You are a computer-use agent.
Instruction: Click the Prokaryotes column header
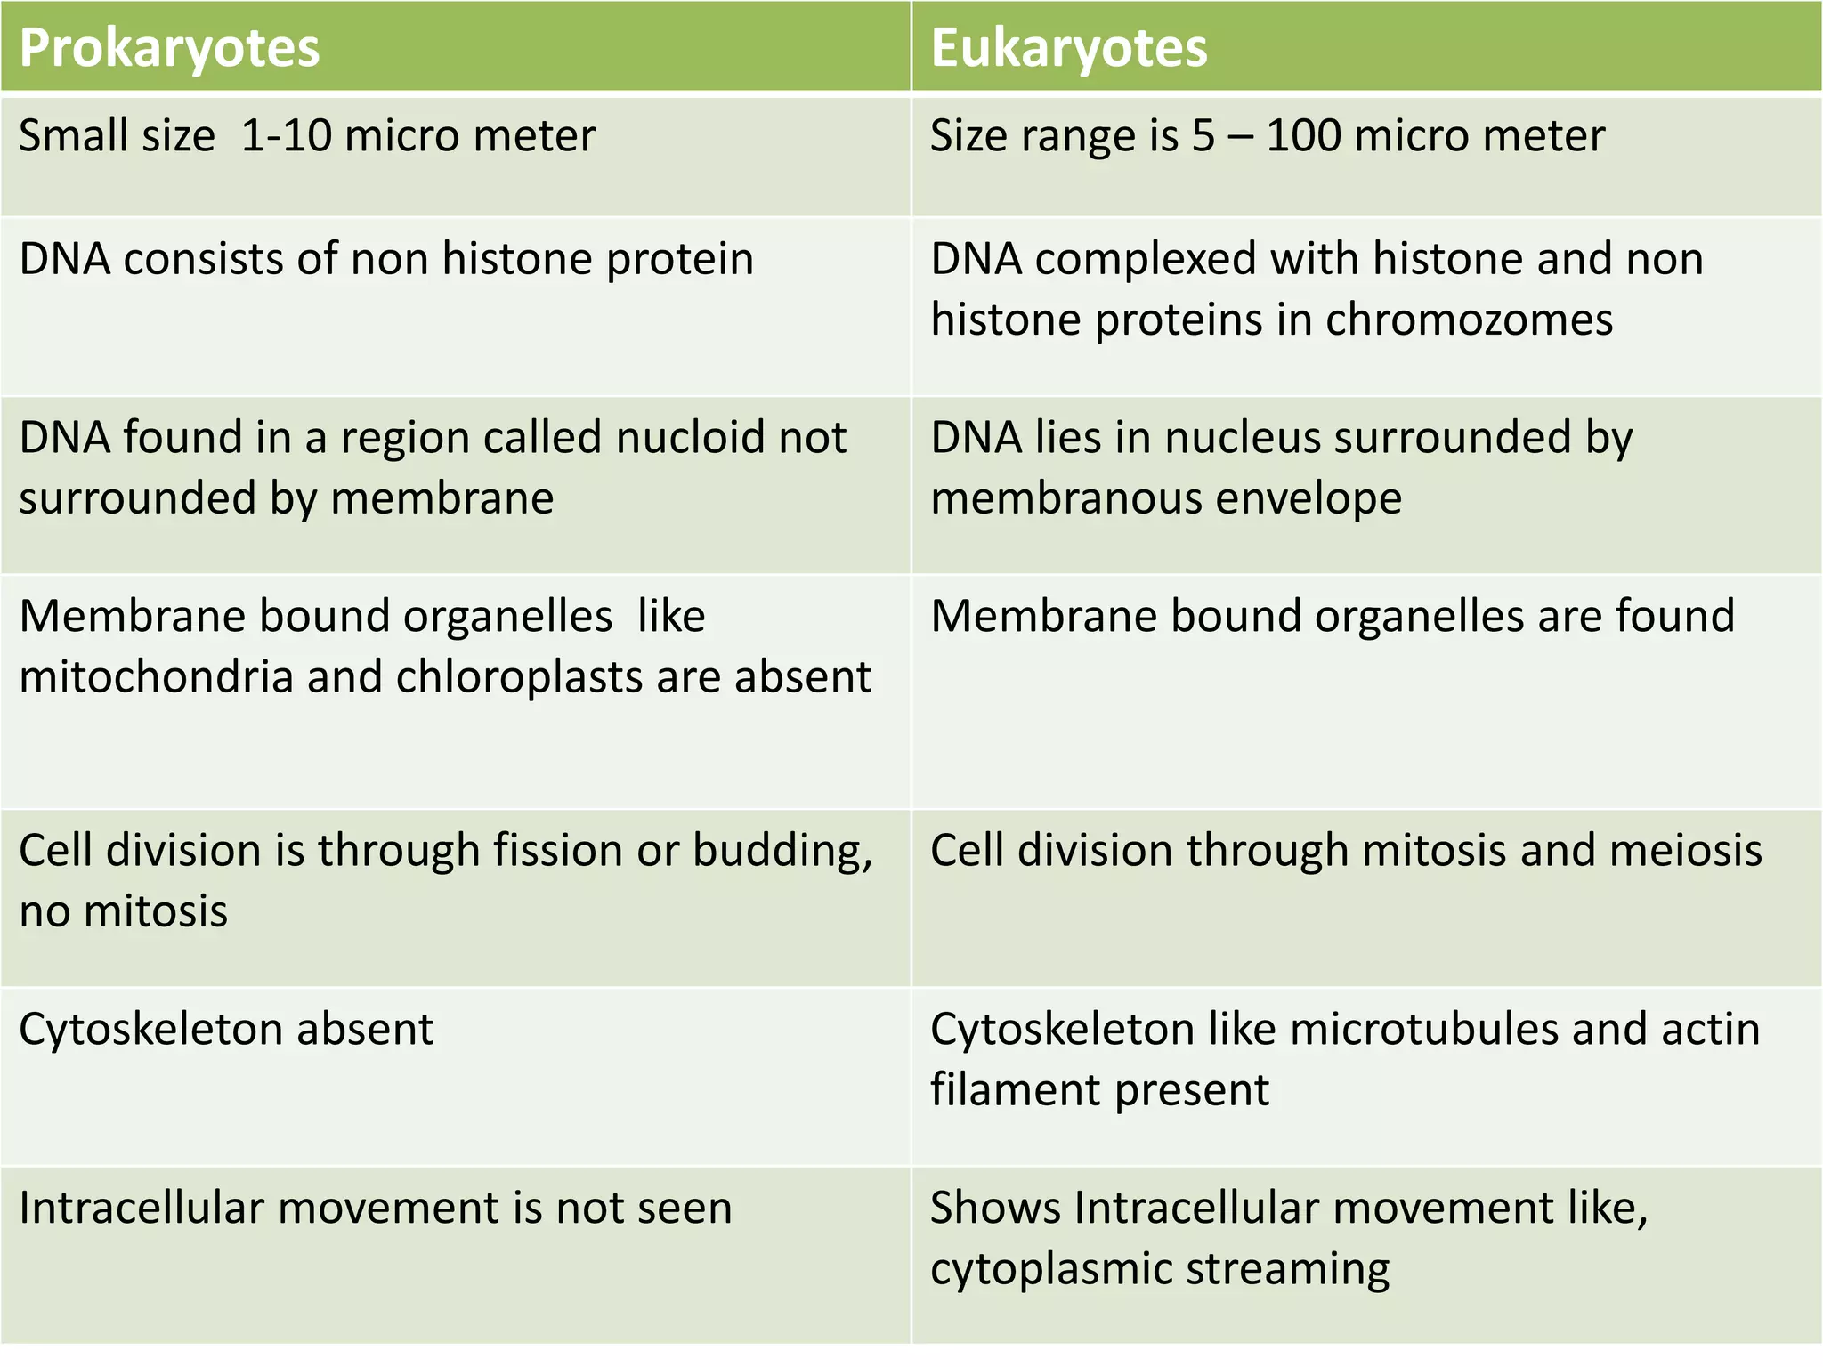click(x=169, y=48)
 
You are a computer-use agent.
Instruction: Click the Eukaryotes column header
click(x=1068, y=48)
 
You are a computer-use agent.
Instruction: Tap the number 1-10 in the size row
click(x=286, y=136)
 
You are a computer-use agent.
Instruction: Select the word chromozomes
click(x=1469, y=320)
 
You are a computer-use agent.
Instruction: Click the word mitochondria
click(x=157, y=676)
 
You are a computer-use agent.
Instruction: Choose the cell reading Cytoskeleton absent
click(x=226, y=1030)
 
